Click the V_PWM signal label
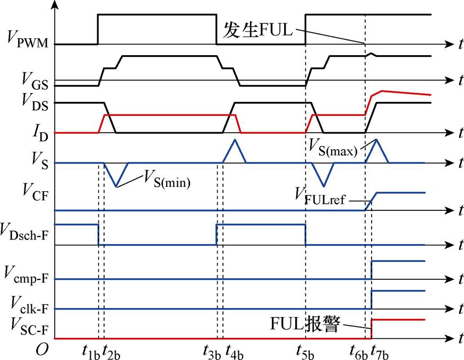27,40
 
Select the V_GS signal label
35,81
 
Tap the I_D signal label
40,133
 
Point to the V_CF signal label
35,192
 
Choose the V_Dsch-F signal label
24,232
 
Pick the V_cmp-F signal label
26,275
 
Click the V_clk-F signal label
29,305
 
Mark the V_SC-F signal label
29,326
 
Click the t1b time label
91,352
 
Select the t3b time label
212,352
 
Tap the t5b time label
305,352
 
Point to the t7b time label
380,352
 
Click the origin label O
42,350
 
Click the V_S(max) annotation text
333,148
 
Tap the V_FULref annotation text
320,196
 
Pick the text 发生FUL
257,30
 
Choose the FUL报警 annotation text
305,323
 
